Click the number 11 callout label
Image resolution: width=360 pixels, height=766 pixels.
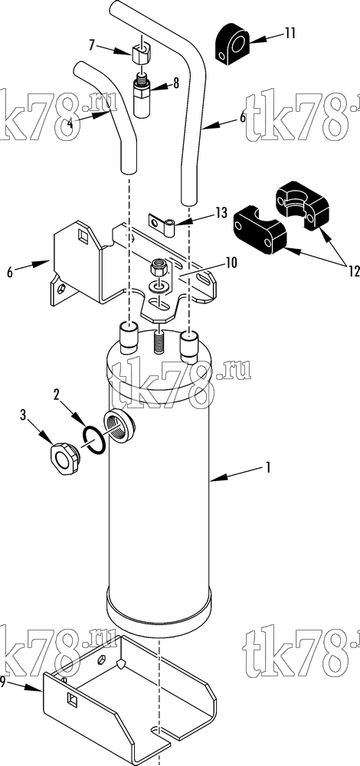290,33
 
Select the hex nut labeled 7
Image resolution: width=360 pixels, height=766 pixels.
142,50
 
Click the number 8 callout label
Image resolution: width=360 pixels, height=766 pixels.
175,83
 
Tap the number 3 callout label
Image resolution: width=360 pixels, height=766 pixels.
22,415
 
